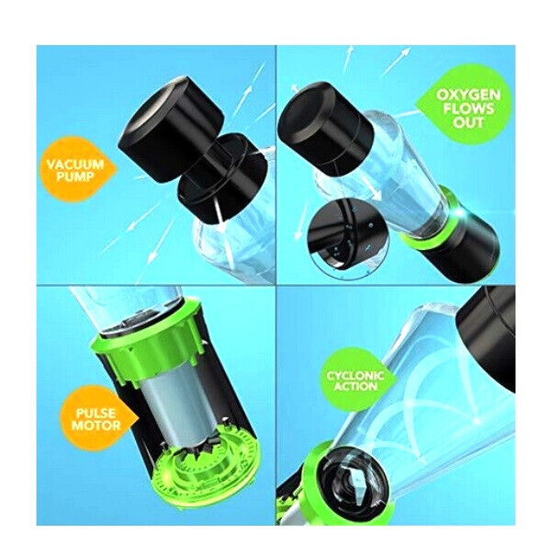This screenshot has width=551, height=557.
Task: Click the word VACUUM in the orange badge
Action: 75,165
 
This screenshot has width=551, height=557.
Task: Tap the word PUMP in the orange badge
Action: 74,176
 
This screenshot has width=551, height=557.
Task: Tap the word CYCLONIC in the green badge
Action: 355,376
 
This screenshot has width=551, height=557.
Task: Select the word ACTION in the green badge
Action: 355,386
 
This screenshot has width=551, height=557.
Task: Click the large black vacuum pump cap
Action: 171,128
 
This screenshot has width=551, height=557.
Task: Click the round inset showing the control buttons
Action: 348,238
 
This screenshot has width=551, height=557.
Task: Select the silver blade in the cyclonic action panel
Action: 354,481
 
